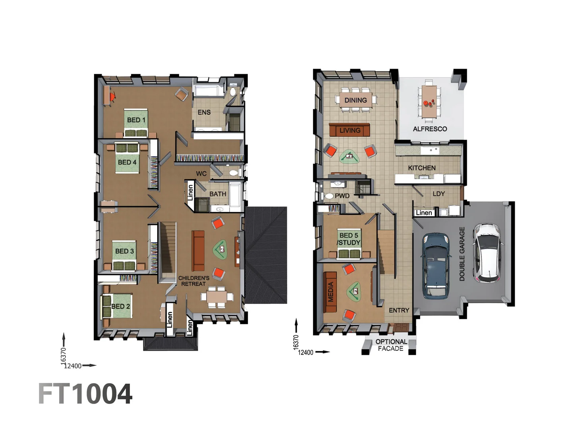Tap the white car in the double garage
coord(487,253)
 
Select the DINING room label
coord(356,100)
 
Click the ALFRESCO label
coord(430,129)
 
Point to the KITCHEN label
coord(421,168)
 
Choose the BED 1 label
coord(136,120)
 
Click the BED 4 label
coord(127,162)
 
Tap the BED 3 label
coord(124,251)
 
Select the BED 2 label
coord(120,306)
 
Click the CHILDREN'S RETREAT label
coord(193,281)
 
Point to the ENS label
coord(204,112)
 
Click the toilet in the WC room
coord(234,173)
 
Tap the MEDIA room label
coord(330,292)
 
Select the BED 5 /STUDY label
coord(349,239)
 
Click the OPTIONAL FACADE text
coord(391,345)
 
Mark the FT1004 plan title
coord(85,394)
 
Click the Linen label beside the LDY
coord(423,213)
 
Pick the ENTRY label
coord(399,310)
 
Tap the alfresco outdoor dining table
coord(429,101)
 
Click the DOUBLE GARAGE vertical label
coord(462,254)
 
